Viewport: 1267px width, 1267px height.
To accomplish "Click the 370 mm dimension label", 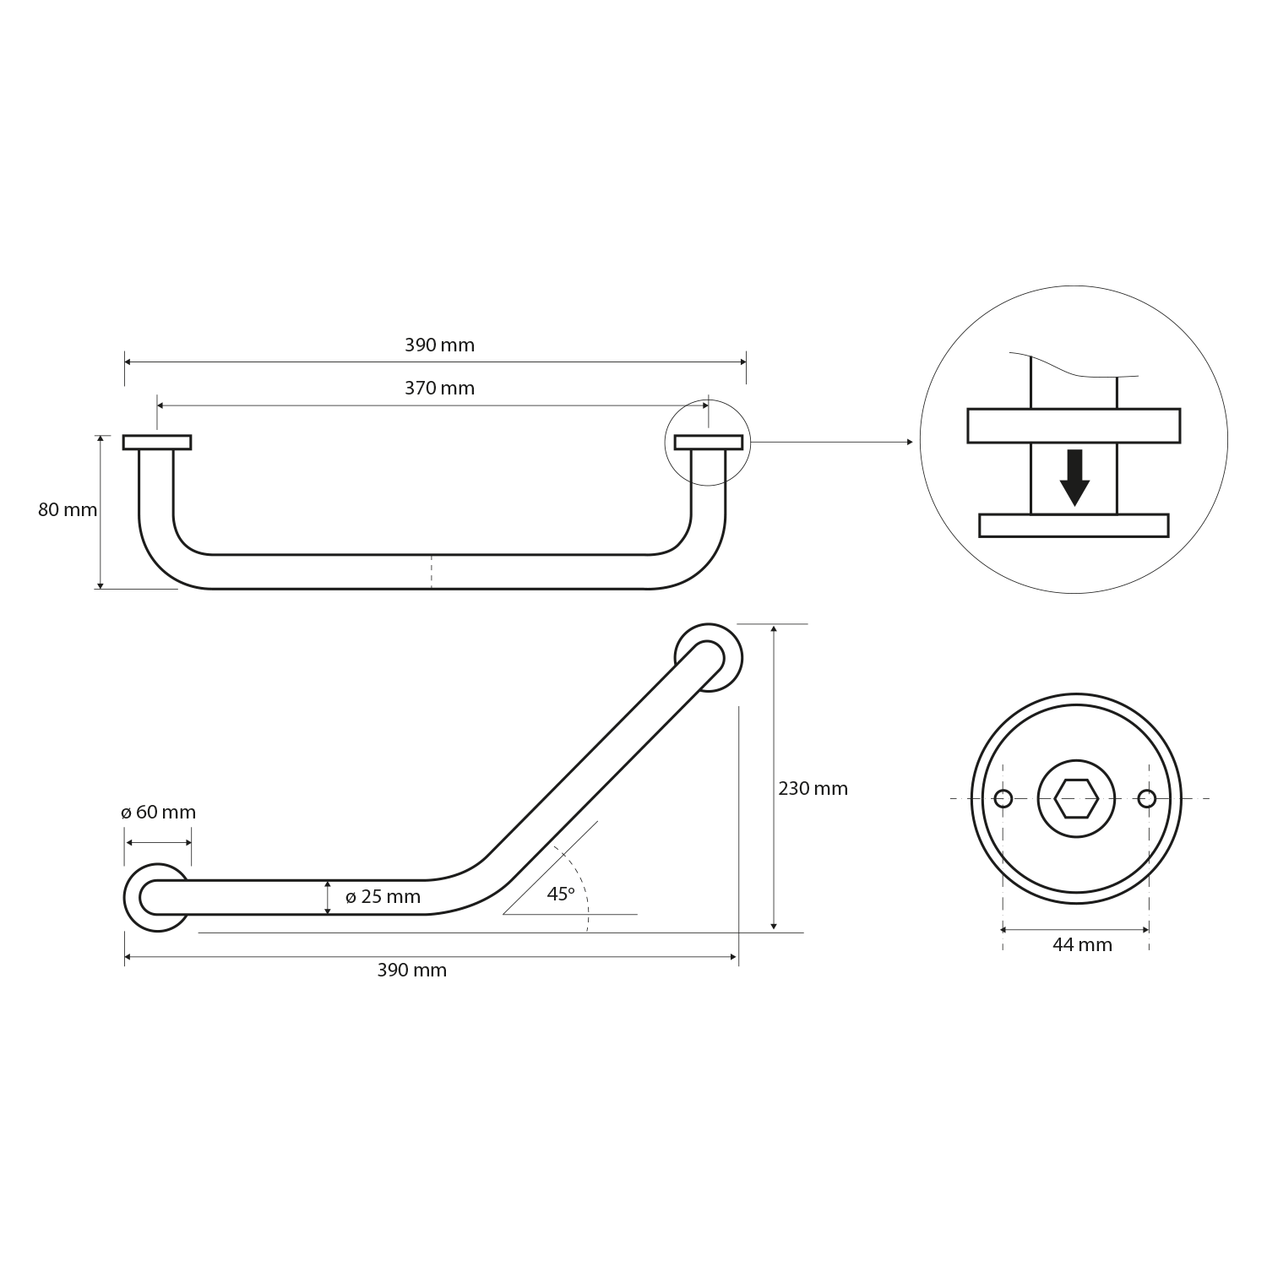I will click(439, 389).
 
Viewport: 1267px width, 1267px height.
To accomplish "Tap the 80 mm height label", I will click(68, 510).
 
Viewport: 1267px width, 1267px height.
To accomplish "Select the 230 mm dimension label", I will click(813, 789).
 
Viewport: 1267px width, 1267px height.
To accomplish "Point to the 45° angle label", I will click(560, 894).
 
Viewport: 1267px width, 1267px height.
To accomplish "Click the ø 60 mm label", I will click(158, 813).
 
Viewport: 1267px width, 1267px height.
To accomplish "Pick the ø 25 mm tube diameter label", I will click(383, 897).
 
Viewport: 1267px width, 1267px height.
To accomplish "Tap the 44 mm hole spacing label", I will click(1082, 945).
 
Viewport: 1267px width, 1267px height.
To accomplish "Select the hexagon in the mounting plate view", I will click(1076, 798).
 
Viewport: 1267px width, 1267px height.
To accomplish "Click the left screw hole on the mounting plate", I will click(1003, 798).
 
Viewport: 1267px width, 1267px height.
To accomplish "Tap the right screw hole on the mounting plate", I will click(1146, 798).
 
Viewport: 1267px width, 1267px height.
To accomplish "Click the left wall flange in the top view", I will click(157, 442).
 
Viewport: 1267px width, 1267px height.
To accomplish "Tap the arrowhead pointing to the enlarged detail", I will click(909, 442).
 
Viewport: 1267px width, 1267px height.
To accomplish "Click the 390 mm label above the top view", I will click(439, 345).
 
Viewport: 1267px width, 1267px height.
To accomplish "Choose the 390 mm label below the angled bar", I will click(411, 971).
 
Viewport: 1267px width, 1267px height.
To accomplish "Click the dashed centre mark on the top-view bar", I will click(432, 572).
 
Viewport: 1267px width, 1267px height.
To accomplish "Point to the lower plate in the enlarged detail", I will click(1074, 525).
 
